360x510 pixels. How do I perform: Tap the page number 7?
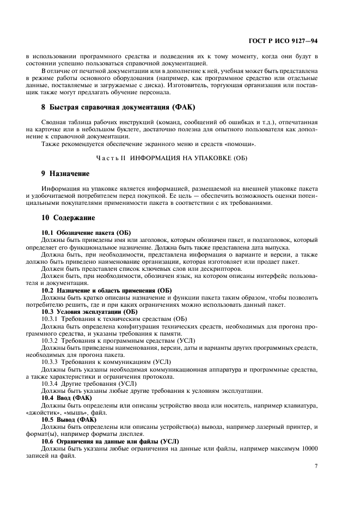tap(316, 466)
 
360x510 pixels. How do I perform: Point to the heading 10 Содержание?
tap(68, 217)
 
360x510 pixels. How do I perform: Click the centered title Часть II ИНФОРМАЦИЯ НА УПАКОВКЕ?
tap(180, 157)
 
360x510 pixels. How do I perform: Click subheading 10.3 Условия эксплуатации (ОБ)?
tap(89, 311)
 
